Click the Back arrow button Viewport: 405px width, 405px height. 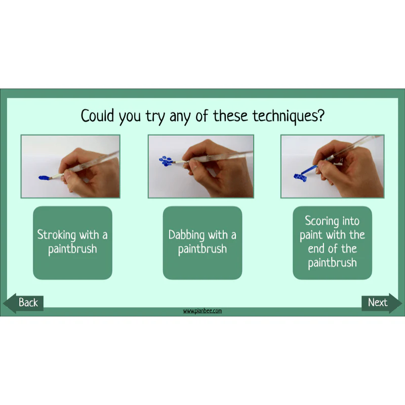(x=23, y=303)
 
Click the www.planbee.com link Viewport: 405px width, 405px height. (x=202, y=311)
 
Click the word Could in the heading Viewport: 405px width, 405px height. (x=97, y=115)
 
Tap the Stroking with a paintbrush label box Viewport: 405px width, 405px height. (x=72, y=243)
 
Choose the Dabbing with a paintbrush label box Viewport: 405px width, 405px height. (x=202, y=243)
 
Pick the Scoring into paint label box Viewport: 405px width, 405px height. (x=333, y=243)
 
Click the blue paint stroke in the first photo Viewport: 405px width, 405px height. (x=44, y=178)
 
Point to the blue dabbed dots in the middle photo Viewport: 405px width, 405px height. (x=166, y=161)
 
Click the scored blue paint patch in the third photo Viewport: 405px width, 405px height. (x=300, y=178)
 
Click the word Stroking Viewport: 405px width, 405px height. (x=57, y=235)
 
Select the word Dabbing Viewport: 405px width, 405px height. (x=186, y=235)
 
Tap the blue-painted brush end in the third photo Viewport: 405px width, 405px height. (x=309, y=170)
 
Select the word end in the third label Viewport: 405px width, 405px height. (x=317, y=249)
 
